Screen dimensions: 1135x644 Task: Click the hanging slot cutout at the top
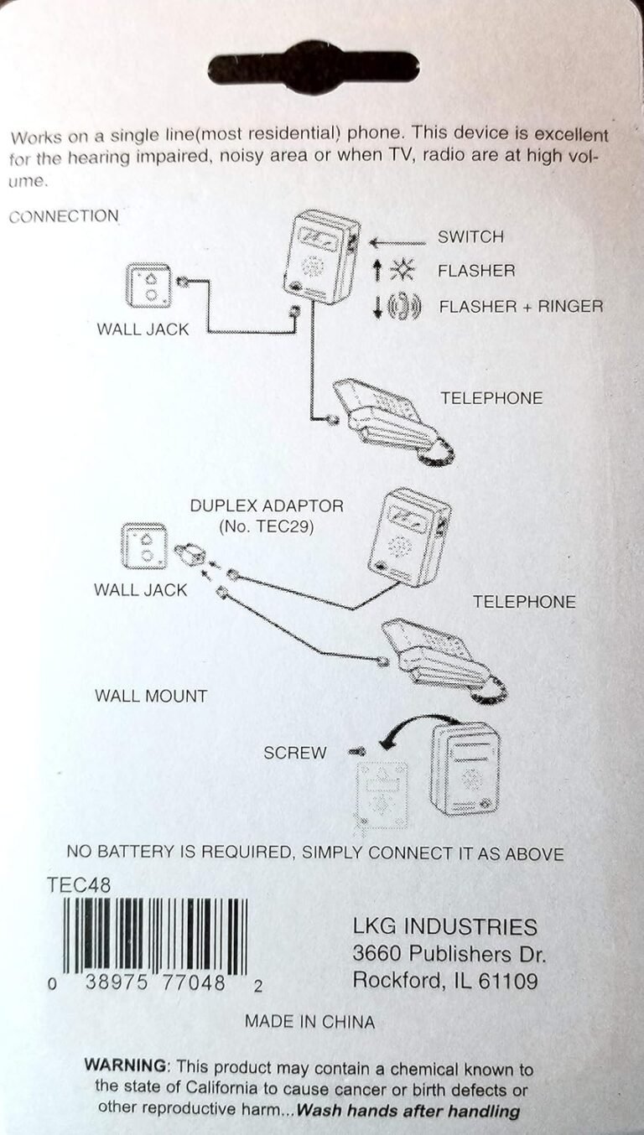(313, 66)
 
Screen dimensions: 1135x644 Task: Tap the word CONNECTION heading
(64, 216)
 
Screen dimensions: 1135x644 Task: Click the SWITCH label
(470, 237)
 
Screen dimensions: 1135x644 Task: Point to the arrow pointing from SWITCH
(397, 243)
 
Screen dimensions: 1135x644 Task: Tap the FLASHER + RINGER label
(521, 306)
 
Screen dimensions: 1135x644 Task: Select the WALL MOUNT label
(151, 696)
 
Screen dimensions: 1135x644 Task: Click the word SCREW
(295, 753)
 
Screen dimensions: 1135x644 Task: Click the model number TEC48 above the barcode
(79, 884)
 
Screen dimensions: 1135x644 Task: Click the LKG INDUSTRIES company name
(444, 926)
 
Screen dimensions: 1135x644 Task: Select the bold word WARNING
(126, 1067)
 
